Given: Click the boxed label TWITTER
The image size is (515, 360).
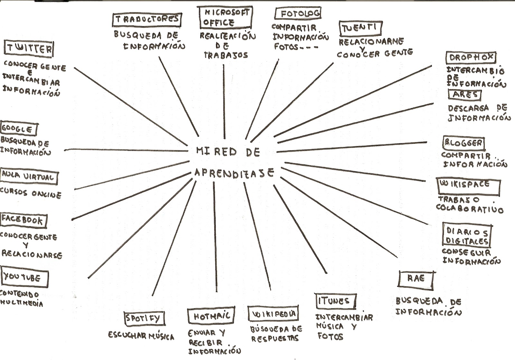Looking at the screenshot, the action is (29, 49).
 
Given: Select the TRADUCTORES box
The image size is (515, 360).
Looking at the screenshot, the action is (147, 19).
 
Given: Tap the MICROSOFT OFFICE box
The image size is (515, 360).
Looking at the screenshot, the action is (224, 18).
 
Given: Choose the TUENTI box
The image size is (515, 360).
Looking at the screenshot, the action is (360, 28).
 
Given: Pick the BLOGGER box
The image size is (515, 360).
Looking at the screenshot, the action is (464, 143).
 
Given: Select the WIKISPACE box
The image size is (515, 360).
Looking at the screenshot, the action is (468, 186).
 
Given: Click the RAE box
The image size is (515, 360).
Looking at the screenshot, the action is (416, 279).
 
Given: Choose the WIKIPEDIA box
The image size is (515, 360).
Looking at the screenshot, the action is (273, 314).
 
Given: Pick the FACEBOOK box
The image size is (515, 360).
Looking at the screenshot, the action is (23, 220).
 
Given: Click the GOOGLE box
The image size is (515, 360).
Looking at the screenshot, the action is (18, 129).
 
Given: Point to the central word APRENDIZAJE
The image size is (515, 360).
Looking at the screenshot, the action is (234, 173).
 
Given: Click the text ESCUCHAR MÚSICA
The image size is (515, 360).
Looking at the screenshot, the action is (141, 336).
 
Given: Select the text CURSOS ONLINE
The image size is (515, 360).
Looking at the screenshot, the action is (31, 194).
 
